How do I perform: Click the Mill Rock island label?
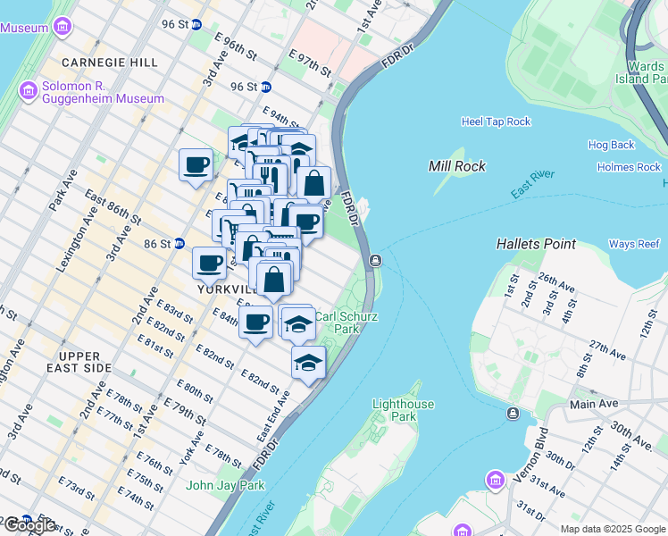456,166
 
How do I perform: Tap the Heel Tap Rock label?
496,121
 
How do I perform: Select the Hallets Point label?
536,243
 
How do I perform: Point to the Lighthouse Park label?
403,410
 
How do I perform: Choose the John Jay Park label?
225,485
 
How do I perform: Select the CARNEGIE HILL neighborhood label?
110,63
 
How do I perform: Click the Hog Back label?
611,145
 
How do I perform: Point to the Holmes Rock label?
629,167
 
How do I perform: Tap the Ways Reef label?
634,244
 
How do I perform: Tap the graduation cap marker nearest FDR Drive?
308,362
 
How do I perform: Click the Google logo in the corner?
29,525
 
